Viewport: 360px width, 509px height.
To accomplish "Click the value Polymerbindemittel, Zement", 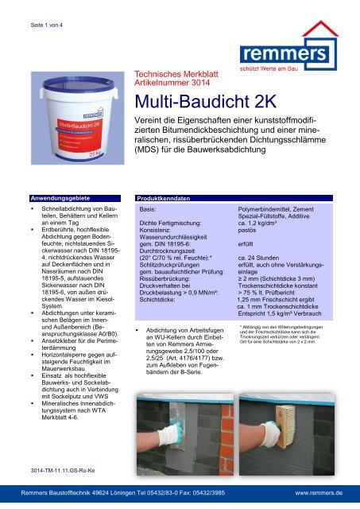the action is [x=282, y=208].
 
